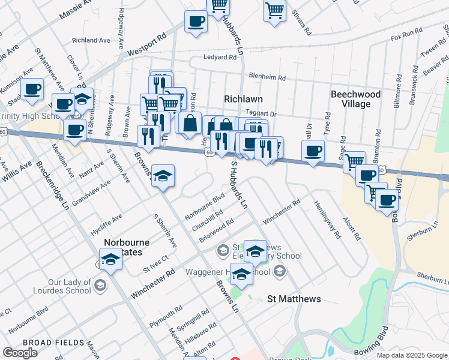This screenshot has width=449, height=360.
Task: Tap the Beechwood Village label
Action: tap(356, 99)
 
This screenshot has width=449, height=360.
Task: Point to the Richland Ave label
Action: tap(91, 40)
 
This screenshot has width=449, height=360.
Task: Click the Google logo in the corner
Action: tap(20, 353)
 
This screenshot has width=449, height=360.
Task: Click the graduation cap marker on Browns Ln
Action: tap(162, 176)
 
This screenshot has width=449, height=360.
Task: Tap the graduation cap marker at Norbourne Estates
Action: tap(110, 259)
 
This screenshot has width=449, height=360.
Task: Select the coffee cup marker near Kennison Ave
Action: tap(32, 89)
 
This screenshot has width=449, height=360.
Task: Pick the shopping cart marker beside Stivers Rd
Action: tap(274, 10)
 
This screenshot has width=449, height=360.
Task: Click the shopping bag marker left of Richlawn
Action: tap(190, 123)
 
